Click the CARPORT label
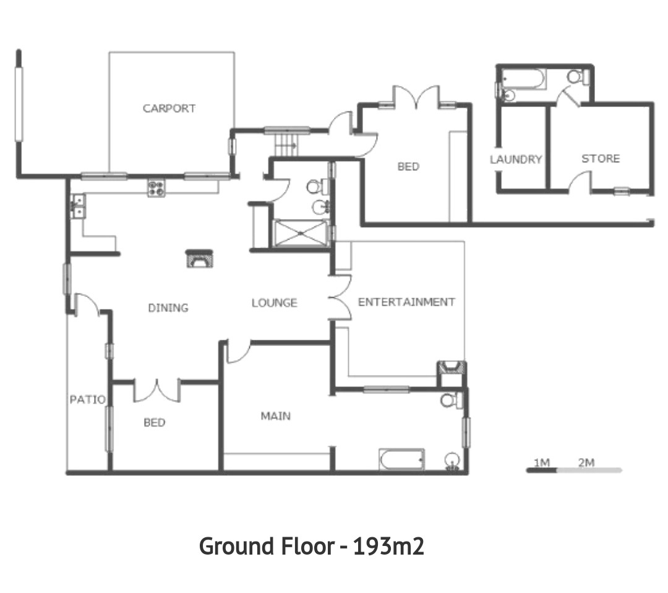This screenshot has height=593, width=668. (169, 108)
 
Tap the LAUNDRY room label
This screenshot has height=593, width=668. (516, 160)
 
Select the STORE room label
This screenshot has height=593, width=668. (601, 158)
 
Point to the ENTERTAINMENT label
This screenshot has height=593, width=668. (406, 302)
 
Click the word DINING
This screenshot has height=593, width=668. (168, 308)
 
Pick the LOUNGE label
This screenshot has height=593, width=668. (275, 303)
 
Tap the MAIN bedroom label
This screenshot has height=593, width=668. (276, 415)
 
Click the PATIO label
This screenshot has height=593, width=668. (88, 399)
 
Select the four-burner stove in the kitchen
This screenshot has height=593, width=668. (156, 188)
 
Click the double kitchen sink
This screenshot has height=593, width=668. (79, 206)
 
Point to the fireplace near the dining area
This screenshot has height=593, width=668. (199, 259)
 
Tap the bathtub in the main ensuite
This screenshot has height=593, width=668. (401, 459)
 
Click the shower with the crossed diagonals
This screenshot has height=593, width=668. (301, 233)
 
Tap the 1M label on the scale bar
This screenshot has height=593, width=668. (542, 462)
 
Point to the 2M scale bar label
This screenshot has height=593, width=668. (586, 462)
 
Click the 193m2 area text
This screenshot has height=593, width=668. (388, 546)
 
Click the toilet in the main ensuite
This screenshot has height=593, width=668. (450, 400)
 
